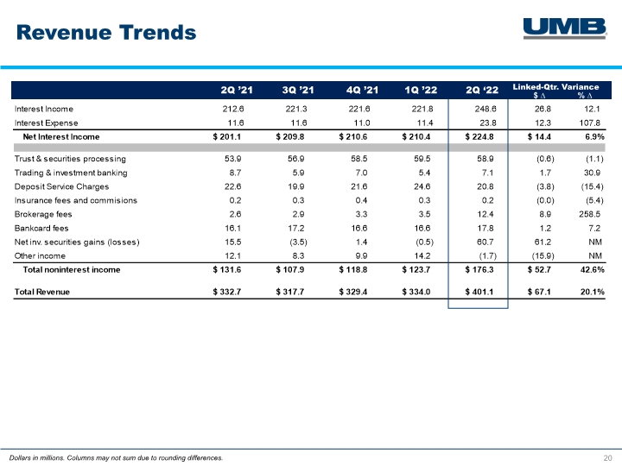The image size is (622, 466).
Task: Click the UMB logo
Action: tap(563, 28)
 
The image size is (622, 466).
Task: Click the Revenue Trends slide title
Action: tap(105, 33)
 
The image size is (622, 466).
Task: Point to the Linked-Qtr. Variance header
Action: tap(562, 86)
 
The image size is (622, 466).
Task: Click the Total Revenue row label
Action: tap(42, 292)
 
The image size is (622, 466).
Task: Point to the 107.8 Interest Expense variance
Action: tap(593, 123)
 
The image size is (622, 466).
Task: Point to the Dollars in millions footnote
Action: tap(115, 457)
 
